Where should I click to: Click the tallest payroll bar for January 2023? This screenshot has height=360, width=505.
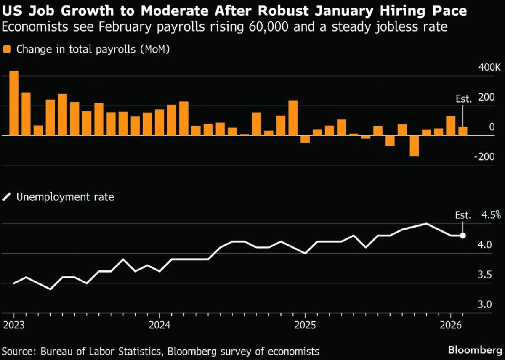[x=14, y=103]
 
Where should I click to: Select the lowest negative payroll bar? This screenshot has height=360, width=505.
[x=414, y=146]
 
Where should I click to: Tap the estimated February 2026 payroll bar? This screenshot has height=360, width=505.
[x=462, y=131]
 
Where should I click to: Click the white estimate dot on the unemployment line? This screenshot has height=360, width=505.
[x=463, y=236]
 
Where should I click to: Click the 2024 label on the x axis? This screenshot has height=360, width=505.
[x=159, y=325]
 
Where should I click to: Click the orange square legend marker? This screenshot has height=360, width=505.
[x=7, y=49]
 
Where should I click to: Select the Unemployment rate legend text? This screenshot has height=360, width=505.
[x=65, y=196]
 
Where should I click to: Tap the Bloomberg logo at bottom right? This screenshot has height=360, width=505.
[x=475, y=350]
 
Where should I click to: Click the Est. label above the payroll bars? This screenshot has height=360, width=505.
[x=464, y=99]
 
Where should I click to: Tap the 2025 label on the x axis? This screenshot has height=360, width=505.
[x=305, y=325]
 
